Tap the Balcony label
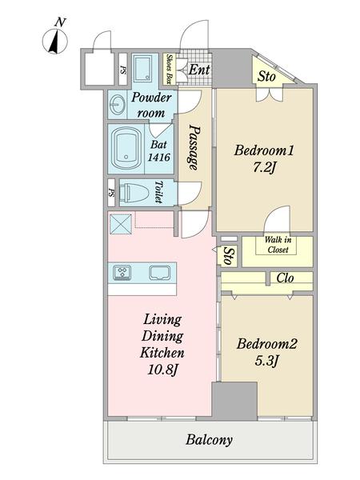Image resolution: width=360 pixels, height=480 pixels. (x=209, y=440)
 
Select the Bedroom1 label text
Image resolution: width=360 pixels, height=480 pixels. (x=264, y=150)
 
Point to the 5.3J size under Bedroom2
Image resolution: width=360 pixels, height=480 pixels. (x=266, y=362)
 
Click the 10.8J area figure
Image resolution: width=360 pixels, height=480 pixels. (x=162, y=370)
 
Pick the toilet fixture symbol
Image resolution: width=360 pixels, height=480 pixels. (x=134, y=193)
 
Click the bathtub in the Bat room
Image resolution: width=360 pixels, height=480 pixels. (x=126, y=149)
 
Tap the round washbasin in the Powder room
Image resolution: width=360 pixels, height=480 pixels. (x=118, y=104)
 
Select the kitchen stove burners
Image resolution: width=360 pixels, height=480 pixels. (x=122, y=272)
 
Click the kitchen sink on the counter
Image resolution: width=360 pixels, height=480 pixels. (x=160, y=273)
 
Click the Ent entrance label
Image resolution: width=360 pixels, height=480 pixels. (x=199, y=70)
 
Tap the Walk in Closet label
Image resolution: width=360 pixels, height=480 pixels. (x=278, y=245)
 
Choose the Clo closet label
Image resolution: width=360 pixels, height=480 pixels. (x=285, y=278)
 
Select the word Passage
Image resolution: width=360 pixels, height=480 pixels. (x=194, y=147)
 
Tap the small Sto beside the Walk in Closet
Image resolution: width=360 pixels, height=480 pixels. (x=228, y=256)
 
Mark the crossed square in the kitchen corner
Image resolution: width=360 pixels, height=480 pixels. (x=121, y=224)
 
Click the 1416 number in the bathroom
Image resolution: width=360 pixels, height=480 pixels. (x=159, y=158)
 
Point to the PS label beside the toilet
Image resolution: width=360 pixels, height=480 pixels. (x=111, y=193)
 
